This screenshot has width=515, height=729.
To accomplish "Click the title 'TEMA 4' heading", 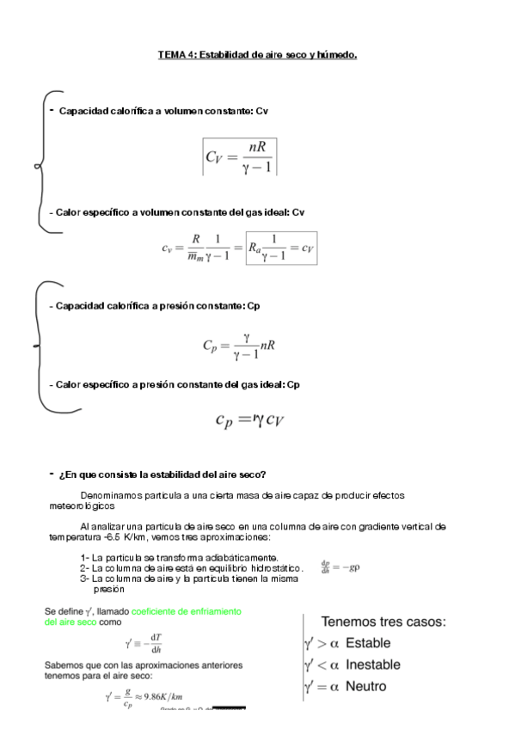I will click(x=257, y=55).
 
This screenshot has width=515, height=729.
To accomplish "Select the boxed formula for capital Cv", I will click(x=239, y=156).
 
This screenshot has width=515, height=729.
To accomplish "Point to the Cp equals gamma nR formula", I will click(x=238, y=346).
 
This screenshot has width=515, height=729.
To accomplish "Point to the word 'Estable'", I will click(x=367, y=643).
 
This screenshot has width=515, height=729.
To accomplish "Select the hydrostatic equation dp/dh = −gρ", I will click(x=339, y=567).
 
